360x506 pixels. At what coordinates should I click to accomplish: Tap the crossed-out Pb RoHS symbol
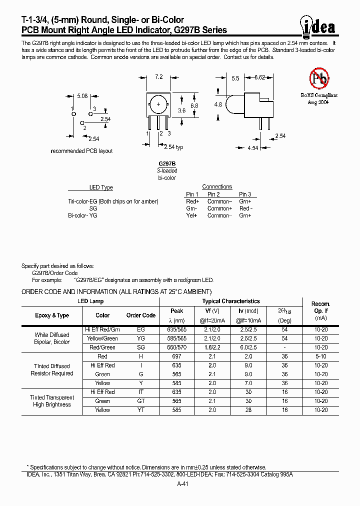(x=318, y=79)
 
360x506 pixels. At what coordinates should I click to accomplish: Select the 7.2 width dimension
(x=159, y=77)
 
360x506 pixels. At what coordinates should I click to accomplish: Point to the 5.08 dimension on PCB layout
(x=82, y=96)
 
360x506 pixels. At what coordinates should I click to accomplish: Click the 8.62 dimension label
(x=260, y=78)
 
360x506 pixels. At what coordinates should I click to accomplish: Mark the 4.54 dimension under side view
(x=252, y=148)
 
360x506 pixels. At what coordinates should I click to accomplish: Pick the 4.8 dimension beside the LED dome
(x=218, y=104)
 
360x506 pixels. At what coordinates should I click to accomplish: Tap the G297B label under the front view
(x=167, y=164)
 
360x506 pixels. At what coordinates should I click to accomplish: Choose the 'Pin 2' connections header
(x=213, y=194)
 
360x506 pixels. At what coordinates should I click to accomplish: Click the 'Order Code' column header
(x=141, y=315)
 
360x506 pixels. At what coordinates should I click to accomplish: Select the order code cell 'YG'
(x=141, y=338)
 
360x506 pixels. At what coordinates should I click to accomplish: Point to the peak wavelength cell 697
(x=177, y=356)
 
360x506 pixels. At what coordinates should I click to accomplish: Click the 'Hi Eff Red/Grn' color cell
(x=102, y=329)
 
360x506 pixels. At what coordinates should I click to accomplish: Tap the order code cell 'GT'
(x=141, y=401)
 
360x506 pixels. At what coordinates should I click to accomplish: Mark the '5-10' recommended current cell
(x=321, y=356)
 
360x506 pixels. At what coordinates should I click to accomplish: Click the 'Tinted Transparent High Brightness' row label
(x=52, y=401)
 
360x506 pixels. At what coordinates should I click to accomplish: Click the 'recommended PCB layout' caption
(x=82, y=151)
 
